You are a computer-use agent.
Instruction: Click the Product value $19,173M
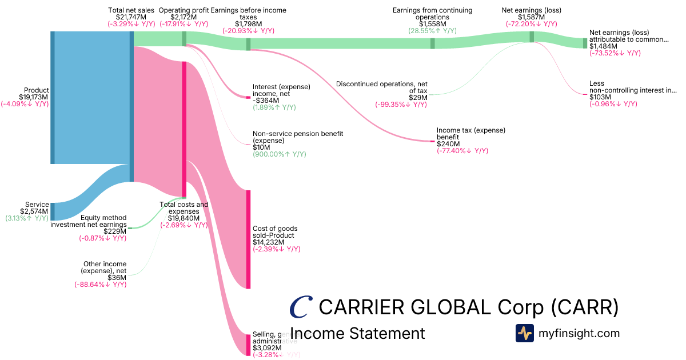pyautogui.click(x=34, y=97)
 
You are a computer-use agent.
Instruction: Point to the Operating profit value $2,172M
pyautogui.click(x=183, y=17)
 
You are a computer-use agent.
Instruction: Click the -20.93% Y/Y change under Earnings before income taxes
pyautogui.click(x=248, y=31)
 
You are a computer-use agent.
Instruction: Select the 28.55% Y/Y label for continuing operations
pyautogui.click(x=432, y=31)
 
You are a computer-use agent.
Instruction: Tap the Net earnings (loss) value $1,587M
pyautogui.click(x=531, y=17)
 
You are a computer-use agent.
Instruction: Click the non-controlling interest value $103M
pyautogui.click(x=600, y=97)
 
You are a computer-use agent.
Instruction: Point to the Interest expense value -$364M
pyautogui.click(x=268, y=101)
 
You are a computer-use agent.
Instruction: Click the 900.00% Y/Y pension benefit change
pyautogui.click(x=279, y=154)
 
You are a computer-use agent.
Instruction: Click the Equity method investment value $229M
pyautogui.click(x=115, y=231)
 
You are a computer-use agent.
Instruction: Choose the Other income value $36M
pyautogui.click(x=117, y=278)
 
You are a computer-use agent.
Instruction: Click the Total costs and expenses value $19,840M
pyautogui.click(x=184, y=218)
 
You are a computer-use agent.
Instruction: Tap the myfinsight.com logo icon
pyautogui.click(x=524, y=333)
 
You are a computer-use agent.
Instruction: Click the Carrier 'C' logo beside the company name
pyautogui.click(x=301, y=307)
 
